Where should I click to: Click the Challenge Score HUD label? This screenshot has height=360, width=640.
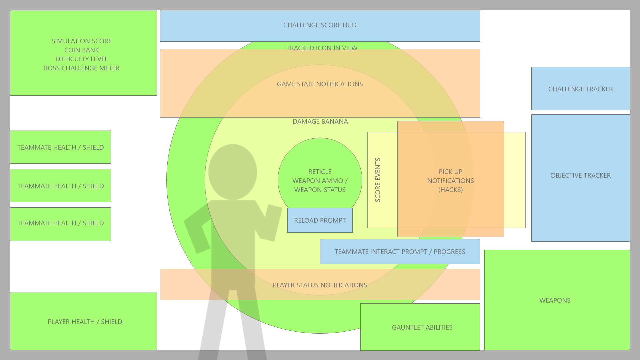tap(320, 25)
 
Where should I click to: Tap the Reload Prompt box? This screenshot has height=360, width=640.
tap(320, 220)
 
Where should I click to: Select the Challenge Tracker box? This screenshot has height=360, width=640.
tap(580, 89)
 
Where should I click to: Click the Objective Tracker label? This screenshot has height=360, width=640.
tap(580, 175)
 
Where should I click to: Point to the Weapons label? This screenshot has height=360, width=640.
tap(555, 300)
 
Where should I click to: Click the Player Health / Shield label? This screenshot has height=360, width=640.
tap(85, 322)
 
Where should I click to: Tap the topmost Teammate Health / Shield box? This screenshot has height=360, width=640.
tap(60, 147)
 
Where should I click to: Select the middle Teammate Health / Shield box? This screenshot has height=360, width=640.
tap(60, 186)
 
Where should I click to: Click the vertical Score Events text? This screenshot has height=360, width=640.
tap(378, 180)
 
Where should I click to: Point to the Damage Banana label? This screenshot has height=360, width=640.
tap(320, 122)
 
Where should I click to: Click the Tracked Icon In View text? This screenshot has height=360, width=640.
tap(322, 48)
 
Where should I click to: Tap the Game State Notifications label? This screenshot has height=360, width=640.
tap(320, 84)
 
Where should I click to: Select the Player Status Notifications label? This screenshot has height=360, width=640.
tap(320, 285)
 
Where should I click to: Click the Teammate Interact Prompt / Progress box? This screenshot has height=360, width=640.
tap(400, 252)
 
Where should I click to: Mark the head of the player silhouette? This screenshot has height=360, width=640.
tap(233, 172)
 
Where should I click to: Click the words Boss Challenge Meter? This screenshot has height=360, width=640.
tap(81, 68)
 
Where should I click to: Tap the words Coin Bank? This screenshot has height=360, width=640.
tap(81, 50)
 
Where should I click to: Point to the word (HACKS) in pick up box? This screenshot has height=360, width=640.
tap(450, 190)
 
